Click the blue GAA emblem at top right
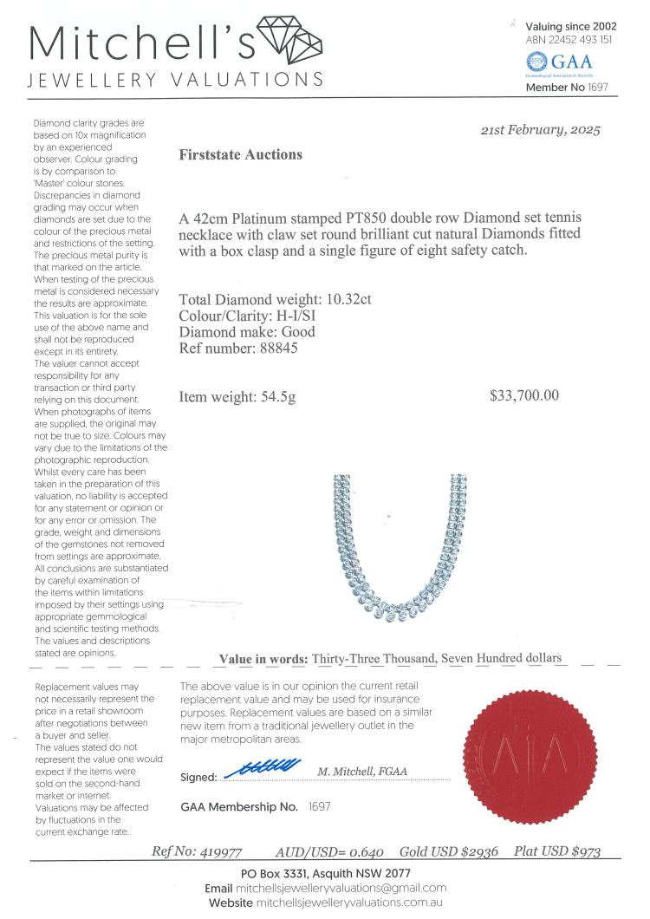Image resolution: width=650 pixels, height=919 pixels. pos(537,61)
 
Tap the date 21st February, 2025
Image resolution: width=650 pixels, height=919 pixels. pos(540,131)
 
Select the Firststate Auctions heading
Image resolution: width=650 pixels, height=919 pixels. pos(240,155)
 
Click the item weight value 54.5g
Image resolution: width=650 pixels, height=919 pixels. pos(278,397)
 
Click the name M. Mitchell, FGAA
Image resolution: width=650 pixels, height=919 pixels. pos(362,772)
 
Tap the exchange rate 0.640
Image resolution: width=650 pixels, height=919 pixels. pos(364,851)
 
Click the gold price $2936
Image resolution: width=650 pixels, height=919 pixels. pos(478,851)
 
